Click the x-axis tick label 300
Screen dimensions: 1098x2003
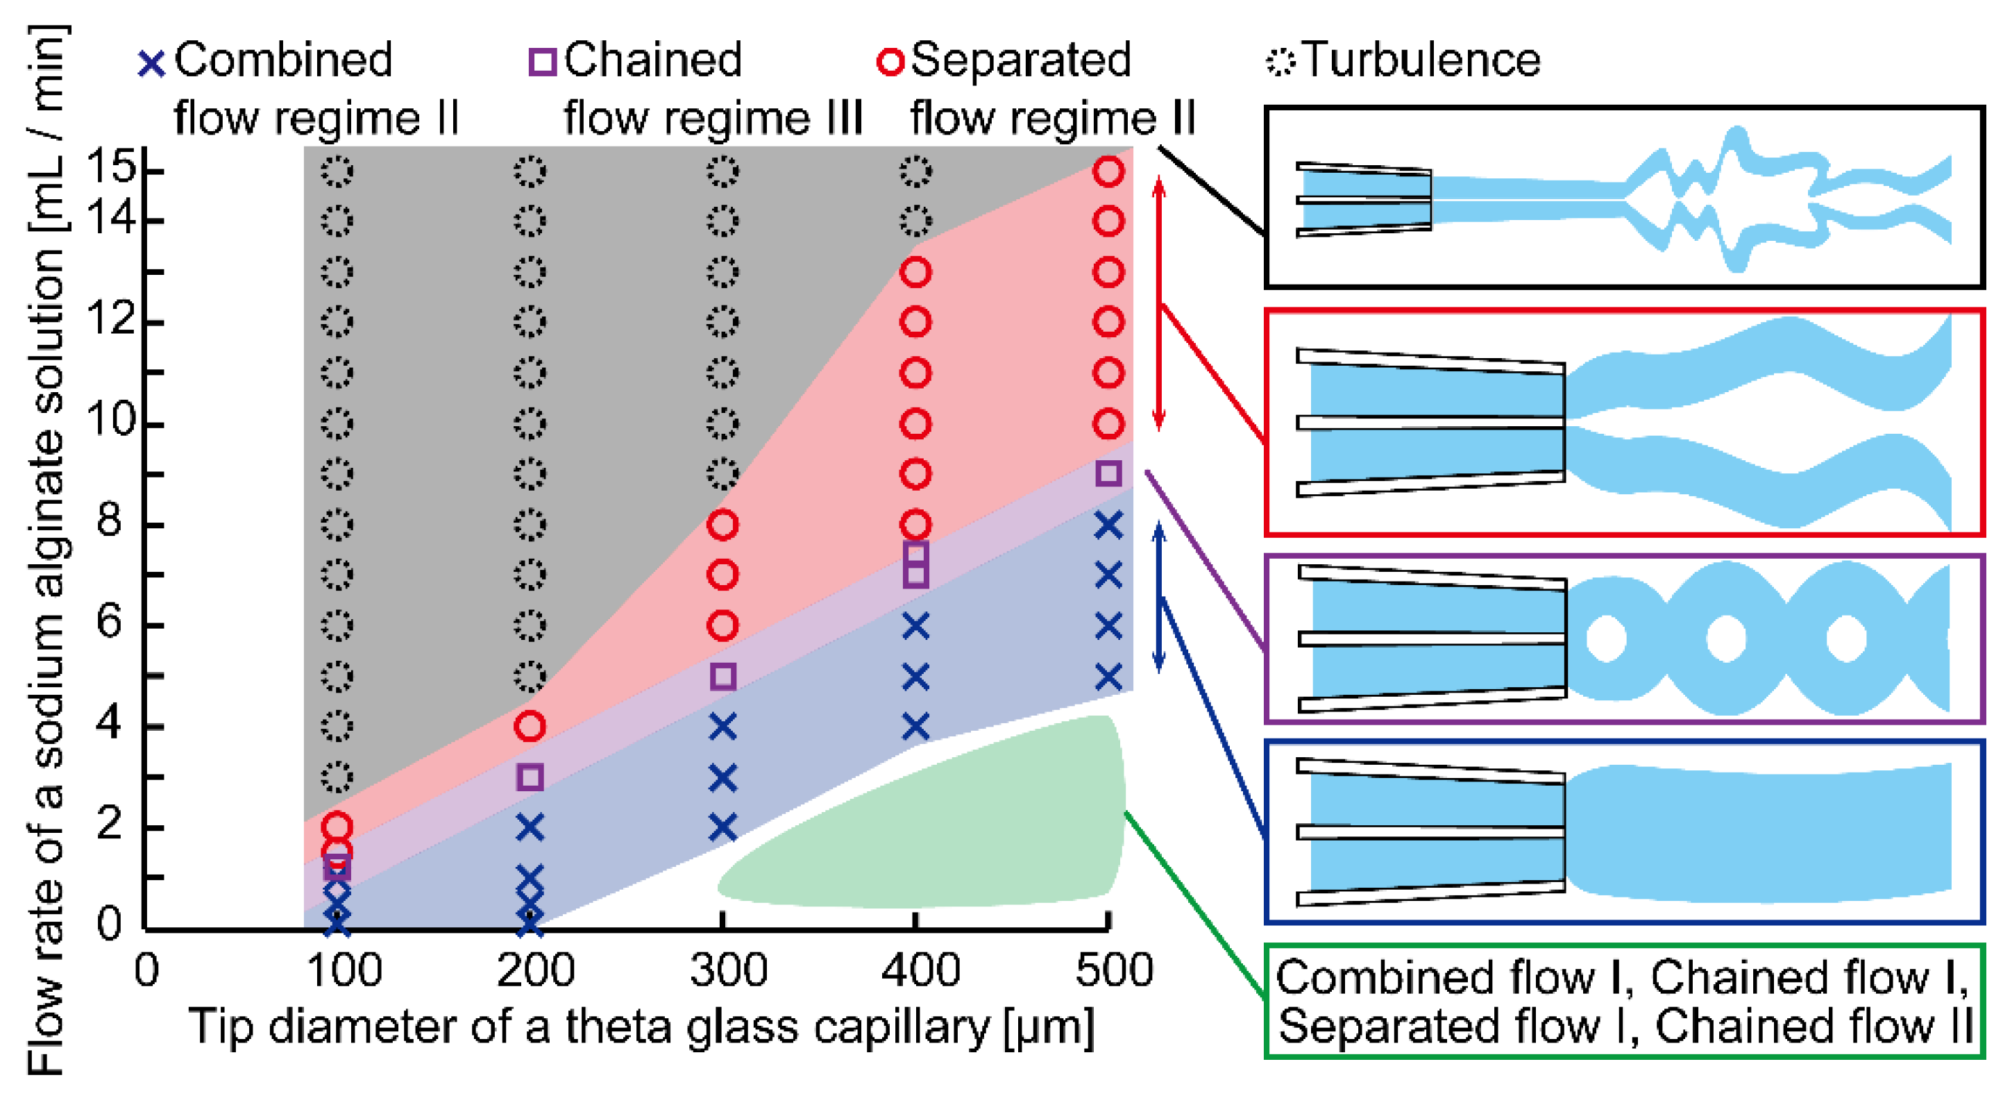coord(728,970)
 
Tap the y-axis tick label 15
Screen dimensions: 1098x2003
coord(110,167)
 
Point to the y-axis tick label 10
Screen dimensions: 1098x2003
coord(110,421)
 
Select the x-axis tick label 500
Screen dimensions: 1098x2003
coord(1113,970)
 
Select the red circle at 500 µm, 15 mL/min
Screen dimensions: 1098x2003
coord(1108,171)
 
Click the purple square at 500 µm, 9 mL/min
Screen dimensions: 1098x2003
coord(1108,473)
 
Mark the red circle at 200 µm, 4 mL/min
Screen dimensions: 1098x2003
coord(530,726)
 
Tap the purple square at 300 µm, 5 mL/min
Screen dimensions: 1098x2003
coord(722,676)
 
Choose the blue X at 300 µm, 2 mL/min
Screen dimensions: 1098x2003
coord(722,827)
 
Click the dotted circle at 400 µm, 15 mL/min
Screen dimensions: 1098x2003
coord(915,171)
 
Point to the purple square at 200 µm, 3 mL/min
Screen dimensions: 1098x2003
coord(530,776)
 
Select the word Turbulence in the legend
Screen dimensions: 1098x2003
coord(1421,60)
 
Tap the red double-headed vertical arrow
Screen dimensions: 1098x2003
coord(1158,303)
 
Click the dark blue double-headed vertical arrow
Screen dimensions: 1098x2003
coord(1158,597)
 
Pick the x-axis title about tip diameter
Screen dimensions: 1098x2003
coord(641,1027)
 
